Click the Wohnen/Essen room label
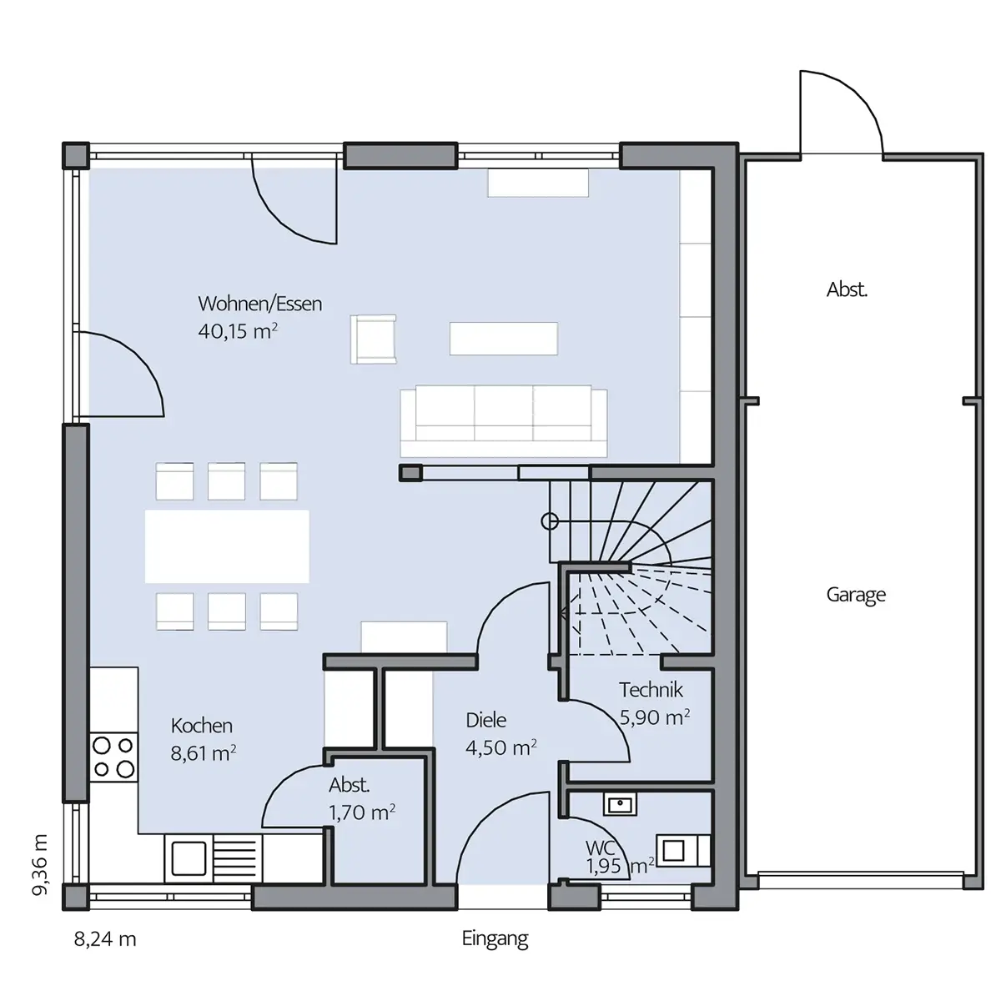point(259,304)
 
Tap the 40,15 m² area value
point(238,331)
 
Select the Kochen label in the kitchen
point(202,726)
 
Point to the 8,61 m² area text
point(204,752)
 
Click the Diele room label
point(485,720)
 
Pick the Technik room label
point(651,690)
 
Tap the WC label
point(600,848)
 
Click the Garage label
point(856,595)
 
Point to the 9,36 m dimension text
point(39,865)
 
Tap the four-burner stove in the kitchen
point(113,757)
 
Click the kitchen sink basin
point(189,858)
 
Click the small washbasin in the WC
point(620,805)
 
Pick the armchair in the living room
point(373,340)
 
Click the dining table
point(227,546)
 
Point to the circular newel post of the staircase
point(550,521)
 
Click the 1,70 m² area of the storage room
point(362,812)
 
